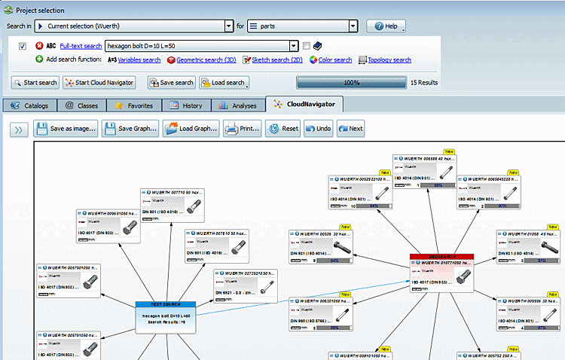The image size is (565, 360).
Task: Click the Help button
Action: pos(386,26)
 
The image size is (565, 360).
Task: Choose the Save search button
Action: pos(171,83)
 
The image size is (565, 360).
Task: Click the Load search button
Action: pos(224,83)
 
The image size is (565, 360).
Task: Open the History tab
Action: pos(186,106)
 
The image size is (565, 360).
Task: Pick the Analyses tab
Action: pos(238,106)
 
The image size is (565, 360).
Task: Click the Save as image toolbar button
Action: pos(66,129)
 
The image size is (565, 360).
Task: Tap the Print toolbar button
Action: pos(243,129)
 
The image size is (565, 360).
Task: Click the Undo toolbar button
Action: pos(319,129)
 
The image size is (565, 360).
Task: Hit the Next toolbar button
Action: pos(351,129)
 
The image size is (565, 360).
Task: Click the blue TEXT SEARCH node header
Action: pos(165,304)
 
